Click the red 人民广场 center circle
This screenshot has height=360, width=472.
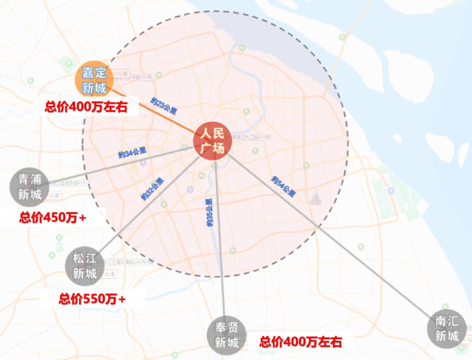(x=212, y=141)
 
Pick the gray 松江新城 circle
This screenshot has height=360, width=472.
(x=84, y=266)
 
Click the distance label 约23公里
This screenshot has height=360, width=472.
(x=163, y=106)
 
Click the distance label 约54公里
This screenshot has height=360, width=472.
(x=284, y=186)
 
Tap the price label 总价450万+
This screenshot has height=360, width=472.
(x=53, y=217)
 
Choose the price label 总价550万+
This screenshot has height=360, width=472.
(x=92, y=299)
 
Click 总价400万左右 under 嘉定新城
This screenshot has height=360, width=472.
(x=86, y=107)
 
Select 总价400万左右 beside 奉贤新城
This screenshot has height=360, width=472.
(x=301, y=342)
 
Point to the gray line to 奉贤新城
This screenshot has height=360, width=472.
(x=220, y=245)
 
